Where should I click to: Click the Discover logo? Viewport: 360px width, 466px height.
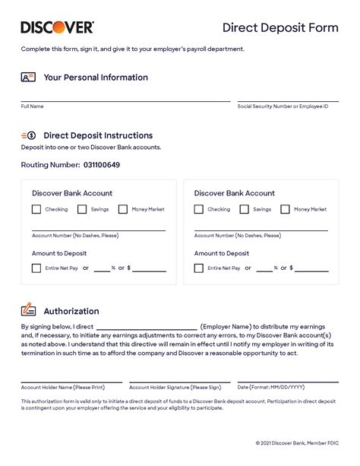point(57,27)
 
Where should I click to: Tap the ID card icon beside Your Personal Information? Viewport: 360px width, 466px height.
point(28,78)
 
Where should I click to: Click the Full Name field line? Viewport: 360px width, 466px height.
point(125,100)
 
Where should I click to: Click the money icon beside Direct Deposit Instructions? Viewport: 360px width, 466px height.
point(28,135)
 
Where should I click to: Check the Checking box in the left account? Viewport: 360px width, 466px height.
point(36,209)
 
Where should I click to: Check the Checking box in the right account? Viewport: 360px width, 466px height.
point(199,209)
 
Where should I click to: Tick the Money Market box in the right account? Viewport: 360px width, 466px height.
point(285,209)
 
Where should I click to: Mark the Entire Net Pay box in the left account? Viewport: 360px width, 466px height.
point(36,268)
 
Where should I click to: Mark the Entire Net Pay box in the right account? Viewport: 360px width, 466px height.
point(199,268)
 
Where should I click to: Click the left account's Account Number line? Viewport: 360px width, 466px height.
point(98,229)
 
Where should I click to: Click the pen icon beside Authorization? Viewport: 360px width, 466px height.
point(28,310)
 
